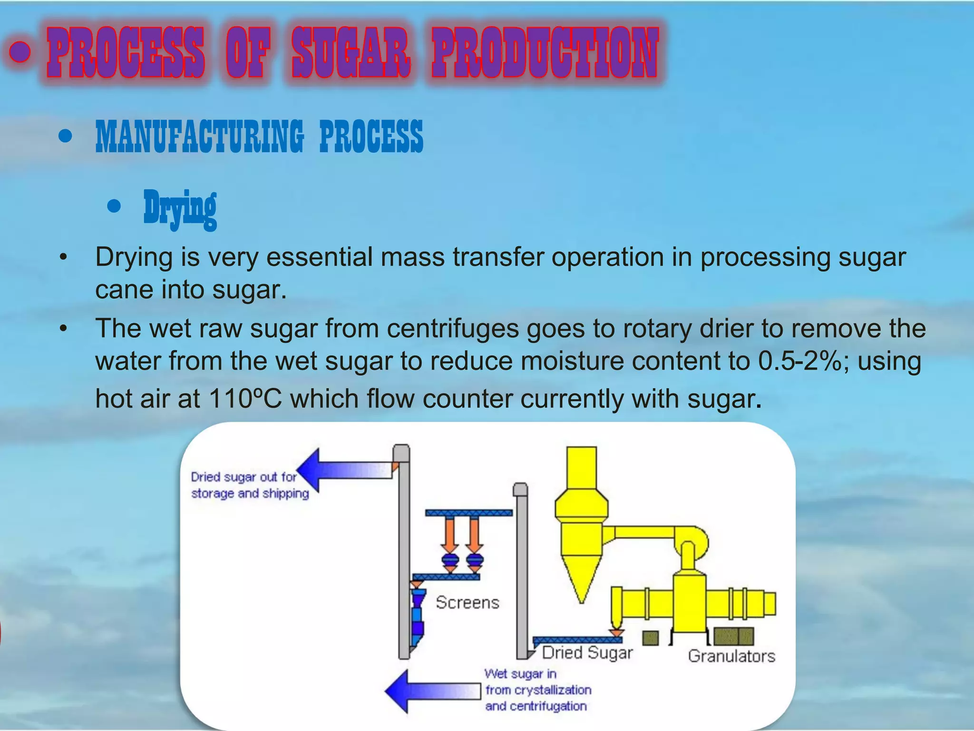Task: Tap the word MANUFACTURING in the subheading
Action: [x=199, y=137]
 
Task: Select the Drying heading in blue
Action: [x=180, y=208]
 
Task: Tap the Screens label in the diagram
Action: [x=467, y=603]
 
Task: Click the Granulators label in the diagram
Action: [x=731, y=656]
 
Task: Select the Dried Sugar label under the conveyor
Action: [x=587, y=652]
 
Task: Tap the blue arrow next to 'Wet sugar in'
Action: [x=430, y=691]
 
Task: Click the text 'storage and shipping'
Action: [x=250, y=494]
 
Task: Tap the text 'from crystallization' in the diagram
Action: [x=538, y=690]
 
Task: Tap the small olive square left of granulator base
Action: [x=650, y=638]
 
